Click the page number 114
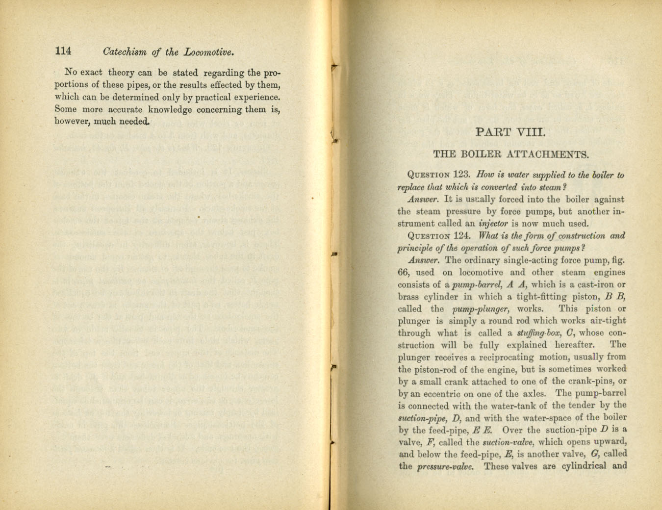pos(63,51)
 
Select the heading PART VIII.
pos(511,131)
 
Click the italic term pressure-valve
pos(445,466)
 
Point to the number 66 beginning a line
pos(403,272)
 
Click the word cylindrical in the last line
pos(581,465)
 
